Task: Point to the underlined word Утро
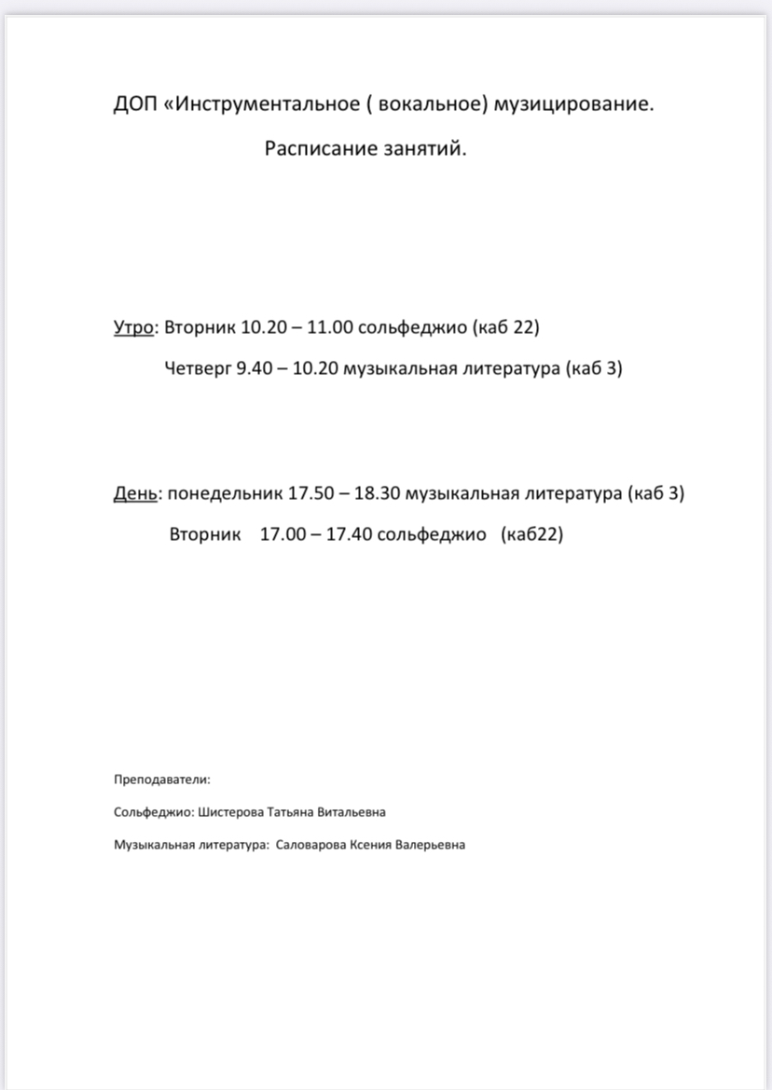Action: (133, 328)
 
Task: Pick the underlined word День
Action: (134, 493)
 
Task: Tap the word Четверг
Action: (198, 368)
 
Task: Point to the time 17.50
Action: (310, 493)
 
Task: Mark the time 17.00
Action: (283, 535)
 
